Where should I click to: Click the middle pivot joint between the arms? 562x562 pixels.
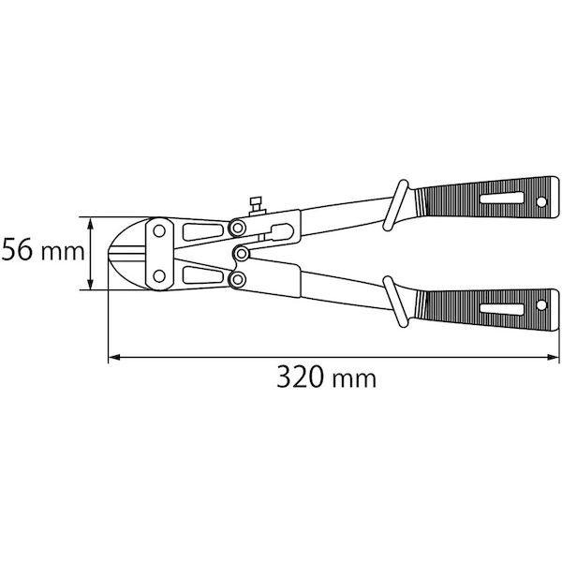(x=243, y=253)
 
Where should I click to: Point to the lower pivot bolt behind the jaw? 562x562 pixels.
(x=238, y=279)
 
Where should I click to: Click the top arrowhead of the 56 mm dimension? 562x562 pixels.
(x=92, y=222)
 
